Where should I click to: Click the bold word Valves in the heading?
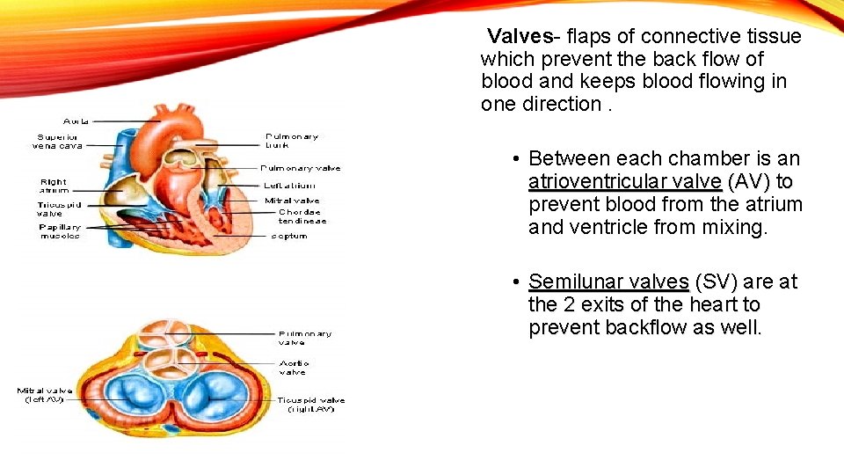coord(518,36)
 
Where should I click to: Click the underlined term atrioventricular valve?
coord(625,182)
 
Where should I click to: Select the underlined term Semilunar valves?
coord(608,282)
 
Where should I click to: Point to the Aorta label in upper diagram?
coord(76,121)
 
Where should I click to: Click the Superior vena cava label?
coord(59,141)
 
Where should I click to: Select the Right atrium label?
coord(54,186)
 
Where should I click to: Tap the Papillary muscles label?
coord(60,230)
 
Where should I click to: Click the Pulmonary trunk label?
coord(292,141)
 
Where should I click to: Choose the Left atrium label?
coord(289,186)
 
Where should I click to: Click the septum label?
coord(289,236)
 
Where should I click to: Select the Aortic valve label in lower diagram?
coord(293,367)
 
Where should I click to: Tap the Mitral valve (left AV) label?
coord(45,395)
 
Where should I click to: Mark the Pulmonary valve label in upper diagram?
coord(301,168)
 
